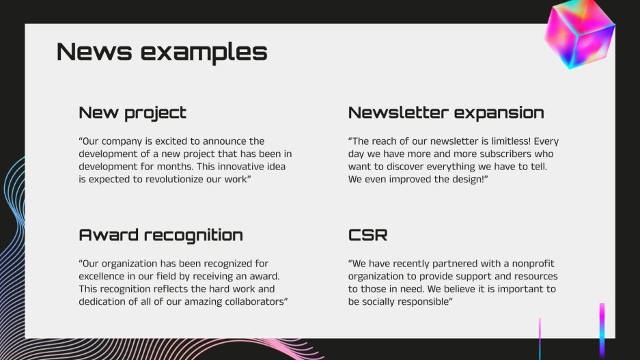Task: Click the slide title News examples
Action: pyautogui.click(x=161, y=52)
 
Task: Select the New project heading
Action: pyautogui.click(x=133, y=113)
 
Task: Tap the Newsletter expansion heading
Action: pyautogui.click(x=446, y=113)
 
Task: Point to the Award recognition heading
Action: pyautogui.click(x=161, y=235)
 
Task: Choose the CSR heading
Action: pyautogui.click(x=367, y=235)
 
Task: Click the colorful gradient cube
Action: pyautogui.click(x=579, y=34)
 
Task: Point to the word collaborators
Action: pyautogui.click(x=251, y=301)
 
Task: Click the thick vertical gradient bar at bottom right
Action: pyautogui.click(x=602, y=329)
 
